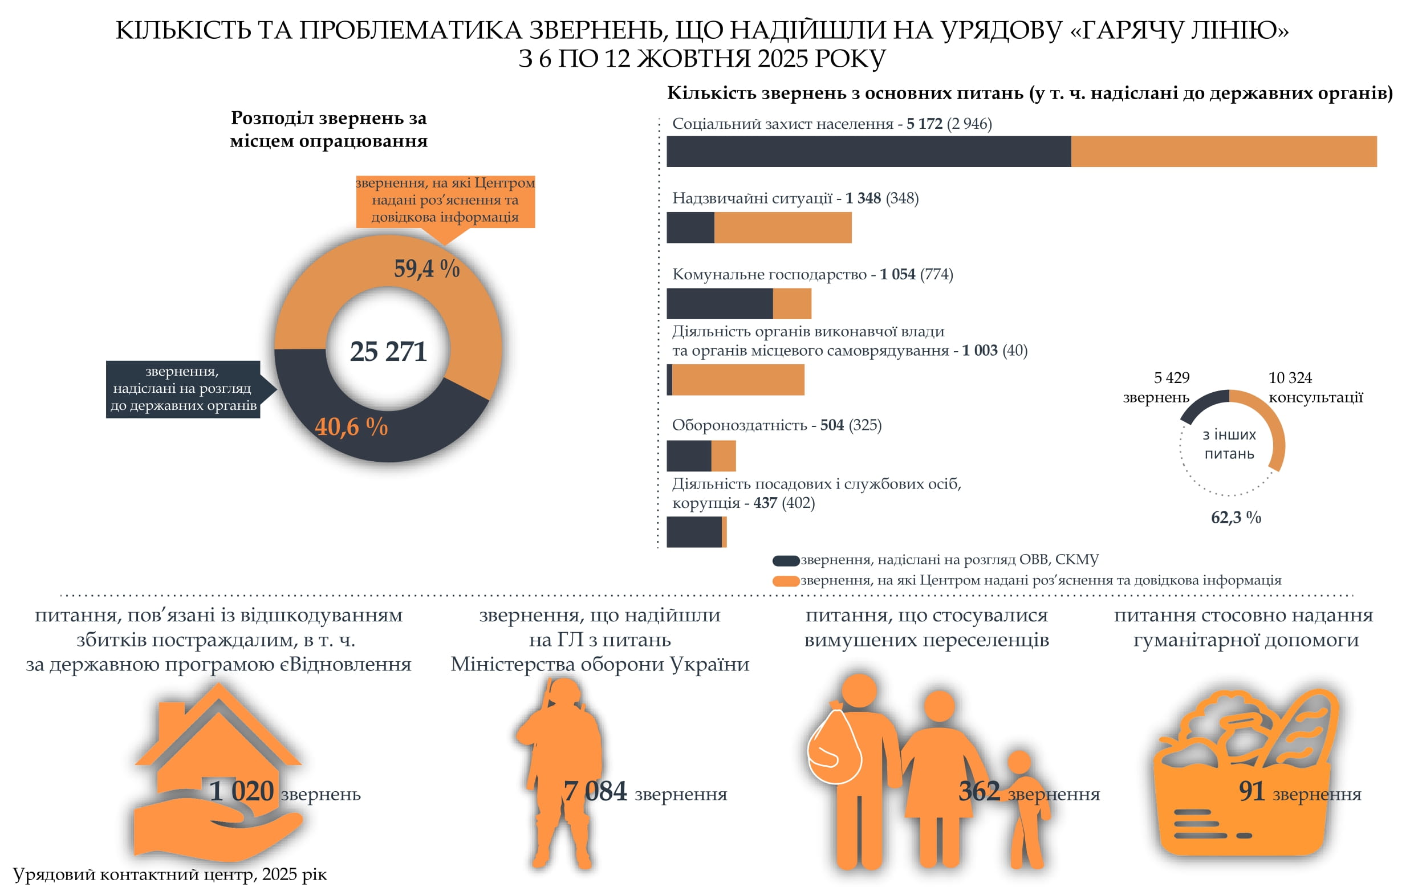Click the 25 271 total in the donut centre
388,351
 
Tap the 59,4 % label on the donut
426,268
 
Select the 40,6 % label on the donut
351,426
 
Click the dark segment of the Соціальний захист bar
868,152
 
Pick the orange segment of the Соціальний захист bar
1224,152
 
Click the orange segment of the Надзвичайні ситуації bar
782,227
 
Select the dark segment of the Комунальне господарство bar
720,304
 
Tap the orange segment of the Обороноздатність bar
723,456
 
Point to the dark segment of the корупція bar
693,532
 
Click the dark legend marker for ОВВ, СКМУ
786,561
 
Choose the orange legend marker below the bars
786,581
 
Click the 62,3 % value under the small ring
1236,518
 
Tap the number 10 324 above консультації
1290,378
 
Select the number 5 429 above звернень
1171,378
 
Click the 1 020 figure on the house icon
241,791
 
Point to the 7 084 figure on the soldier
595,791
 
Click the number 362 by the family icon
978,791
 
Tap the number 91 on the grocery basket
1251,791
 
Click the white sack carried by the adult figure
834,746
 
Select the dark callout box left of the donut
182,389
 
